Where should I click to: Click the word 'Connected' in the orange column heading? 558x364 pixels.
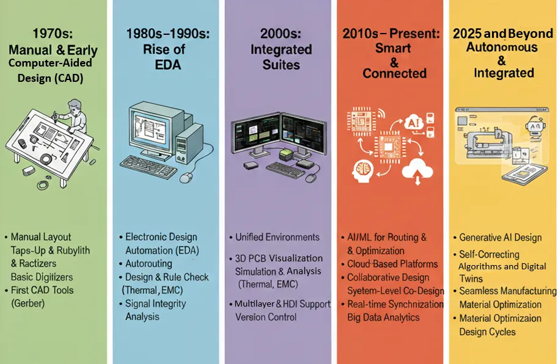click(394, 73)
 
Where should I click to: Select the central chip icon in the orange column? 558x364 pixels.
click(390, 146)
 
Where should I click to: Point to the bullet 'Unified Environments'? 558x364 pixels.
click(277, 237)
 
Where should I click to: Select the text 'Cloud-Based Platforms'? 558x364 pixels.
click(392, 264)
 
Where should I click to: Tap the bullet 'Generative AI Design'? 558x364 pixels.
click(500, 238)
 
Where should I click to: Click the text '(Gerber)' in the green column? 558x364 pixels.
click(28, 304)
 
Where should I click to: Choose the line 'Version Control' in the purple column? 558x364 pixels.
click(266, 317)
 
